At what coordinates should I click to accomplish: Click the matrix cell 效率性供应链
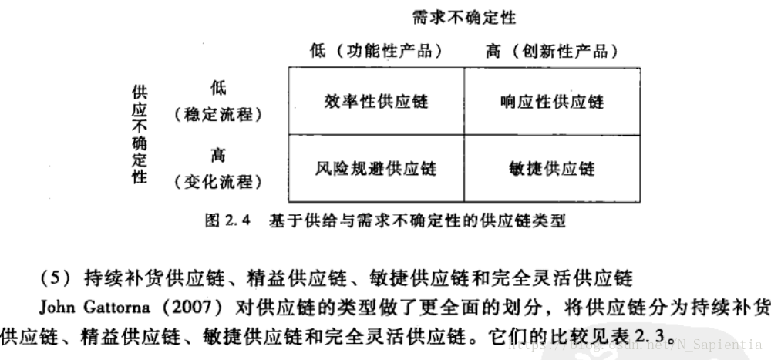point(376,102)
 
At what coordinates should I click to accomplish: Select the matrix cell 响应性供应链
point(552,102)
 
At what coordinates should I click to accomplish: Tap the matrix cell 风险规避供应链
point(376,167)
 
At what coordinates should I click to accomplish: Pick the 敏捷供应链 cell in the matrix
point(552,168)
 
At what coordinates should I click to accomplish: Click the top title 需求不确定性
point(463,16)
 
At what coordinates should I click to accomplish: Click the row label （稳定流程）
point(218,115)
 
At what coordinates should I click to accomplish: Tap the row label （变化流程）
point(218,182)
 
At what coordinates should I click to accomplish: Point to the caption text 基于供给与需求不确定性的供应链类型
point(417,221)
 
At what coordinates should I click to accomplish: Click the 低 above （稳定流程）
point(218,88)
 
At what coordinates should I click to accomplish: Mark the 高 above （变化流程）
point(218,155)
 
